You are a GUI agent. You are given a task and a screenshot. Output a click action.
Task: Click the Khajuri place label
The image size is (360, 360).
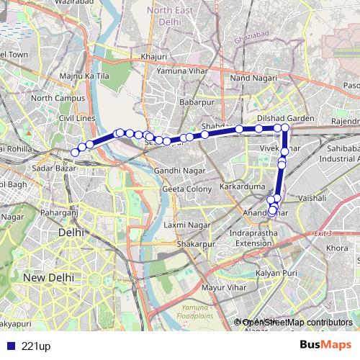(154, 55)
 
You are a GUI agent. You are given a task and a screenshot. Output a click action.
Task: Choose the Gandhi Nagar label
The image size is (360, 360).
(175, 171)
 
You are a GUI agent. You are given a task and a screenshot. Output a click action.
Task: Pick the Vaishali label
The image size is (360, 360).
(312, 197)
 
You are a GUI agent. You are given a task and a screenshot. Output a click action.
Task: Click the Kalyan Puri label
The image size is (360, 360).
(279, 274)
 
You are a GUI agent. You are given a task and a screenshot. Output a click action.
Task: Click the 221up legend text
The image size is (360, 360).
(36, 346)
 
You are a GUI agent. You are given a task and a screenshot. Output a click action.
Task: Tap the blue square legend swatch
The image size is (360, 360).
(10, 346)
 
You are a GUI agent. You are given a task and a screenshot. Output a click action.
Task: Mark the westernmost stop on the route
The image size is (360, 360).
(75, 152)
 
